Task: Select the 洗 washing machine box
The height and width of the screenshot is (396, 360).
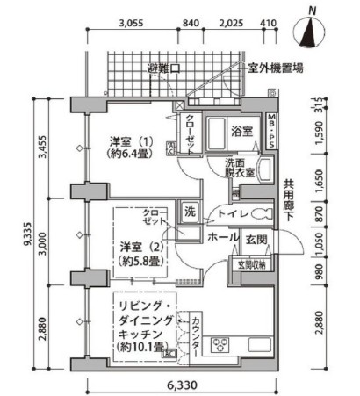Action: (189, 211)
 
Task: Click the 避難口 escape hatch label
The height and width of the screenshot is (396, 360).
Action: (163, 67)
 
